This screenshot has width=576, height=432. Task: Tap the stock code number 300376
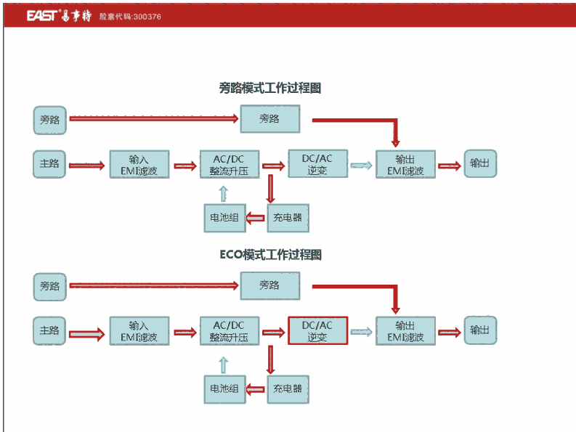point(145,16)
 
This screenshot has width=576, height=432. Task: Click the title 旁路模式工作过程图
point(269,88)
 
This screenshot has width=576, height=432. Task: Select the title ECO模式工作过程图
point(270,255)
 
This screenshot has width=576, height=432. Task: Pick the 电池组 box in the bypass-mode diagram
point(224,217)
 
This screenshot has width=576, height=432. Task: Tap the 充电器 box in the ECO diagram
point(288,388)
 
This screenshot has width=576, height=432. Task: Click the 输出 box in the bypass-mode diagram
point(479,164)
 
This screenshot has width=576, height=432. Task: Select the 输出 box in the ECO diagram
point(479,330)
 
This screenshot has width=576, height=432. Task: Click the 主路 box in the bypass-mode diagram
point(50,164)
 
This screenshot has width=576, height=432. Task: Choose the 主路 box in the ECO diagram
point(50,330)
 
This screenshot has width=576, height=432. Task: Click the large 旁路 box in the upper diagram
point(269,119)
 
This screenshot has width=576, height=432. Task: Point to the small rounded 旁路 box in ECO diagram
point(50,286)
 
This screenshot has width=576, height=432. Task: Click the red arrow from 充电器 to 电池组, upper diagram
point(256,217)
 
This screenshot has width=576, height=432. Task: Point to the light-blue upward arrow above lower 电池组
point(224,362)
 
